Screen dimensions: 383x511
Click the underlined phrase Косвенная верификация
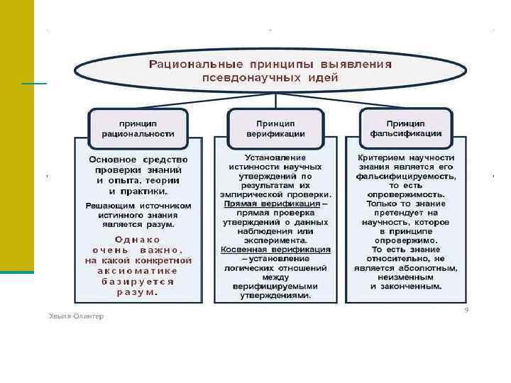point(275,250)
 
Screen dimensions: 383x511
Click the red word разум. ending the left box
point(138,292)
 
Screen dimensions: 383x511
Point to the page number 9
point(466,309)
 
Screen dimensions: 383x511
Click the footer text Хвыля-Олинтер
point(75,316)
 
